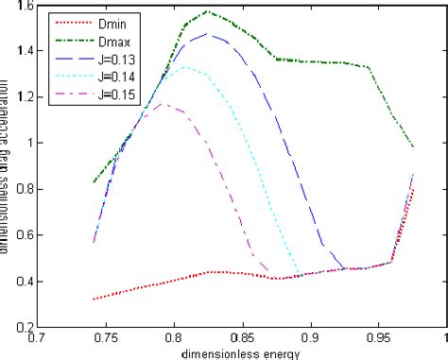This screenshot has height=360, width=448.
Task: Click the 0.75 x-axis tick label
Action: tap(92, 337)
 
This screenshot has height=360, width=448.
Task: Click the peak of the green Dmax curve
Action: tap(207, 12)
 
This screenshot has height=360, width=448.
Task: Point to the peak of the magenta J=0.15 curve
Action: tap(167, 104)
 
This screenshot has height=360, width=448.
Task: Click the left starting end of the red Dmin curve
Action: tap(94, 299)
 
